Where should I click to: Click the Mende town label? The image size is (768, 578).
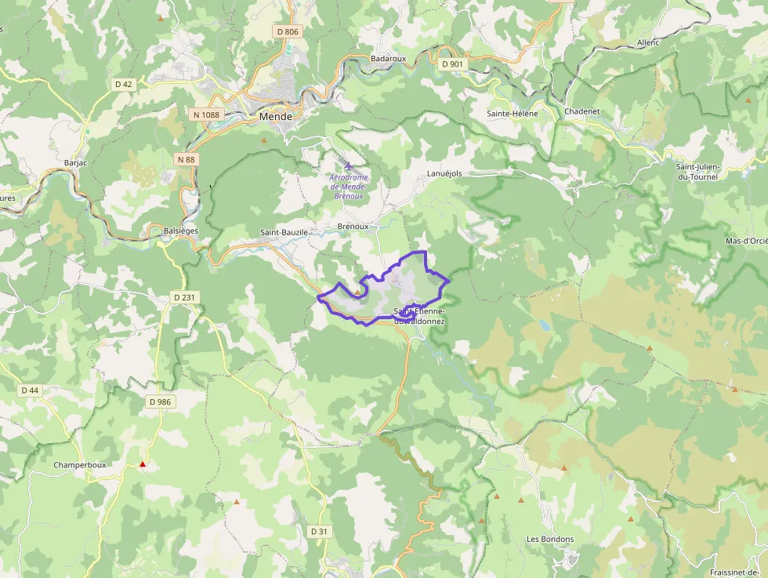coord(275,117)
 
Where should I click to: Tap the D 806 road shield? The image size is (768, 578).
coord(288,31)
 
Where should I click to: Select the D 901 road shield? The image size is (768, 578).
coord(452,64)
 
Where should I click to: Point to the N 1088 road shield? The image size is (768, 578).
coord(206,115)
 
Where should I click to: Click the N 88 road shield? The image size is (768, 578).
coord(186,159)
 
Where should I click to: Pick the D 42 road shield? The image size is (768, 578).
coord(124,84)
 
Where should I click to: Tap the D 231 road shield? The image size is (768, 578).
coord(183,297)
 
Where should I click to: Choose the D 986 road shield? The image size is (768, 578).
coord(159,402)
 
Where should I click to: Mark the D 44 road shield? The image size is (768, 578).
coord(30,390)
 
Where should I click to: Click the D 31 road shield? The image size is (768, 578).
coord(319,532)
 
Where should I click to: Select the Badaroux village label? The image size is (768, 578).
coord(388,59)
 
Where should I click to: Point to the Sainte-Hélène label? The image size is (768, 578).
coord(513,113)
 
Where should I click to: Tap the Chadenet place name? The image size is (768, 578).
coord(581,111)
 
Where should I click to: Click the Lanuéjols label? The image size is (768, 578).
coord(445,173)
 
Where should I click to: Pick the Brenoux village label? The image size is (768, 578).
coord(353,226)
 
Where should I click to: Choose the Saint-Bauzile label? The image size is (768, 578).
coord(284,233)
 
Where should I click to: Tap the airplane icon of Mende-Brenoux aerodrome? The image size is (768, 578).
coord(349,166)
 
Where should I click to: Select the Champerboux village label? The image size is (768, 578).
coord(79,464)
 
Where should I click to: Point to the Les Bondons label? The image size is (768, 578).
coord(550,539)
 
